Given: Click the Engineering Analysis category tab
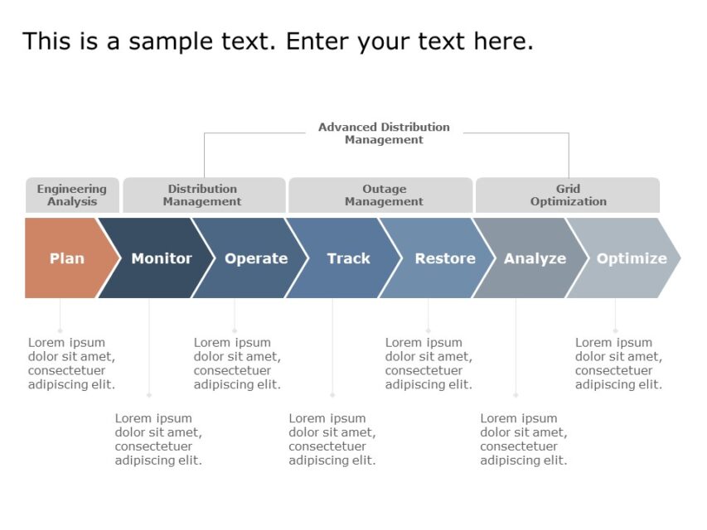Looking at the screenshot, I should tap(72, 195).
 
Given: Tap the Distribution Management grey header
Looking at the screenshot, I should tap(202, 195).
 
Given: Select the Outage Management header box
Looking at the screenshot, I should tap(384, 195).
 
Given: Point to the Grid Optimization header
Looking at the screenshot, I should tap(568, 195).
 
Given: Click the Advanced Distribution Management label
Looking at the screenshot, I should tap(384, 133).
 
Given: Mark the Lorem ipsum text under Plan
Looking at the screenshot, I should tap(71, 364).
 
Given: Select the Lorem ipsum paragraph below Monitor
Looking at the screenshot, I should tap(158, 440).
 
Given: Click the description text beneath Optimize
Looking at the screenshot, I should tap(618, 364).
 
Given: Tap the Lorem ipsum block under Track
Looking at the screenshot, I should tap(332, 440).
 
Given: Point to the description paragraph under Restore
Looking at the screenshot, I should tap(429, 364).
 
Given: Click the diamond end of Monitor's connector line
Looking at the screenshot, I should tap(149, 396).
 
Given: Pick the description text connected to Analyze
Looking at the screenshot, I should tap(523, 440).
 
